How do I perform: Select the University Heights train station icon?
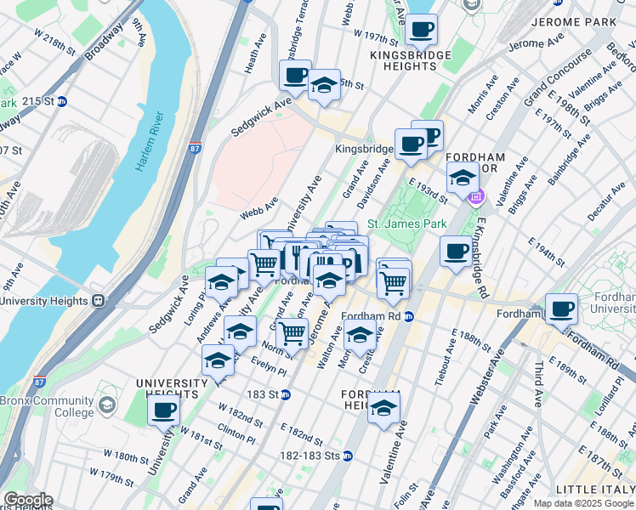click(99, 300)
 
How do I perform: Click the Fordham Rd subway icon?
click(409, 316)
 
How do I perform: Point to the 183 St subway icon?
click(287, 394)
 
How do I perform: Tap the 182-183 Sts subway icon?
click(347, 456)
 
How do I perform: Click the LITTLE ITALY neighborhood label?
click(594, 490)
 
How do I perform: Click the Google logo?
click(27, 500)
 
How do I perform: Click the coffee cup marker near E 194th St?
click(456, 251)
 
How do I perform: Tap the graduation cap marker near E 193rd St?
click(462, 178)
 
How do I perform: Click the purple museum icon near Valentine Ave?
click(476, 198)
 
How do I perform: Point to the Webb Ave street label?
click(258, 205)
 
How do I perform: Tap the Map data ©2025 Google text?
click(583, 503)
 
